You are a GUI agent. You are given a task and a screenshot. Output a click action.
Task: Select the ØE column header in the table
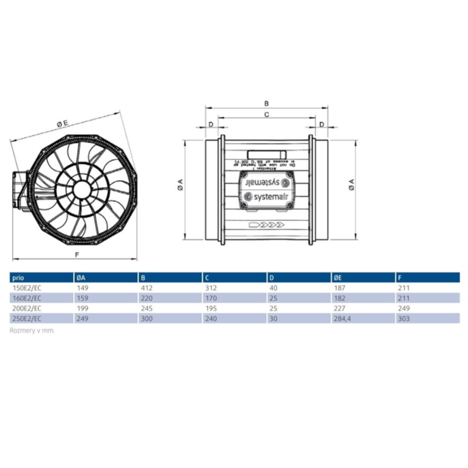point(338,277)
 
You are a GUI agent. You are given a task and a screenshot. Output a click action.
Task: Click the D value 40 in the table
point(272,287)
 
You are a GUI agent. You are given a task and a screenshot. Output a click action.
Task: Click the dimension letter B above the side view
point(266,104)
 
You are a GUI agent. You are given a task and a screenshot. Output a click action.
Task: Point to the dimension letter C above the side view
point(266,115)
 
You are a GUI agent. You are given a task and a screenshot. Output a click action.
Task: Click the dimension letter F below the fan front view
point(76,254)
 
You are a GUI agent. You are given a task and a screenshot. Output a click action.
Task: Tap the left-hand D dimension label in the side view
point(210,124)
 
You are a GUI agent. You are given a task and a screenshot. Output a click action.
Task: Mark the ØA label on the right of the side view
point(351,185)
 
